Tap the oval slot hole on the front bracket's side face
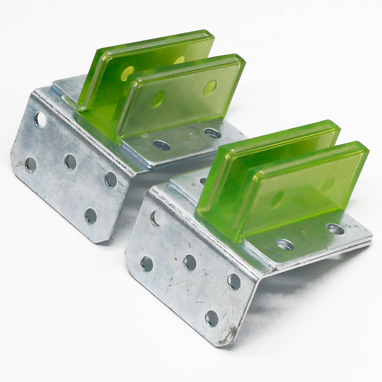point(156,218)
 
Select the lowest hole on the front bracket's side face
point(212,318)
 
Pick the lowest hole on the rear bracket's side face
point(91,216)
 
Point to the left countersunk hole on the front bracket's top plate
point(285,244)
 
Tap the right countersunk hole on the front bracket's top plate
point(336,229)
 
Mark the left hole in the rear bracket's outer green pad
point(158,99)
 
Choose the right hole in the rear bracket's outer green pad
point(210,87)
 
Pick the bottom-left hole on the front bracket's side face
point(147,264)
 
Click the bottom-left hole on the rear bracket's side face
point(30,165)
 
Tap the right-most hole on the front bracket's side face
point(234,281)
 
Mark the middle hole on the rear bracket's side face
point(71,162)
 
